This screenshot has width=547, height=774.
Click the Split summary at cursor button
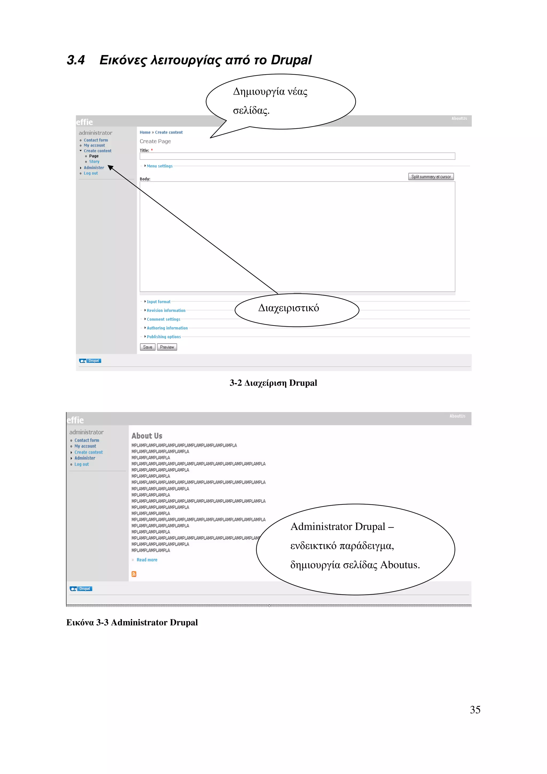[431, 177]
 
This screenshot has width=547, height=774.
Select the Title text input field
[297, 156]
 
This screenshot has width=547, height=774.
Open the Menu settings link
[159, 166]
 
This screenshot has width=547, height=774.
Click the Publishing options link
[163, 337]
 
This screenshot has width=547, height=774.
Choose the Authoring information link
[167, 328]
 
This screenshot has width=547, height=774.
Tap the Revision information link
[166, 310]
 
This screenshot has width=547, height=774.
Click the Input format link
[158, 302]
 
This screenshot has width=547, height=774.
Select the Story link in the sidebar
[94, 161]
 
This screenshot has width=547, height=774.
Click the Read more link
[147, 560]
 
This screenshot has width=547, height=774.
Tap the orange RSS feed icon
[134, 574]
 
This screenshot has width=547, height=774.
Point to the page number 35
[475, 710]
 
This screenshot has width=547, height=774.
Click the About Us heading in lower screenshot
[147, 435]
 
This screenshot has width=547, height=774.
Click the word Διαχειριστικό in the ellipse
[288, 308]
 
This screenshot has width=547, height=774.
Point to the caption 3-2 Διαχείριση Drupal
[273, 383]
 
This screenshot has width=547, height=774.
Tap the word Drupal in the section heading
[291, 60]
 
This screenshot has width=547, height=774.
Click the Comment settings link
[163, 319]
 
